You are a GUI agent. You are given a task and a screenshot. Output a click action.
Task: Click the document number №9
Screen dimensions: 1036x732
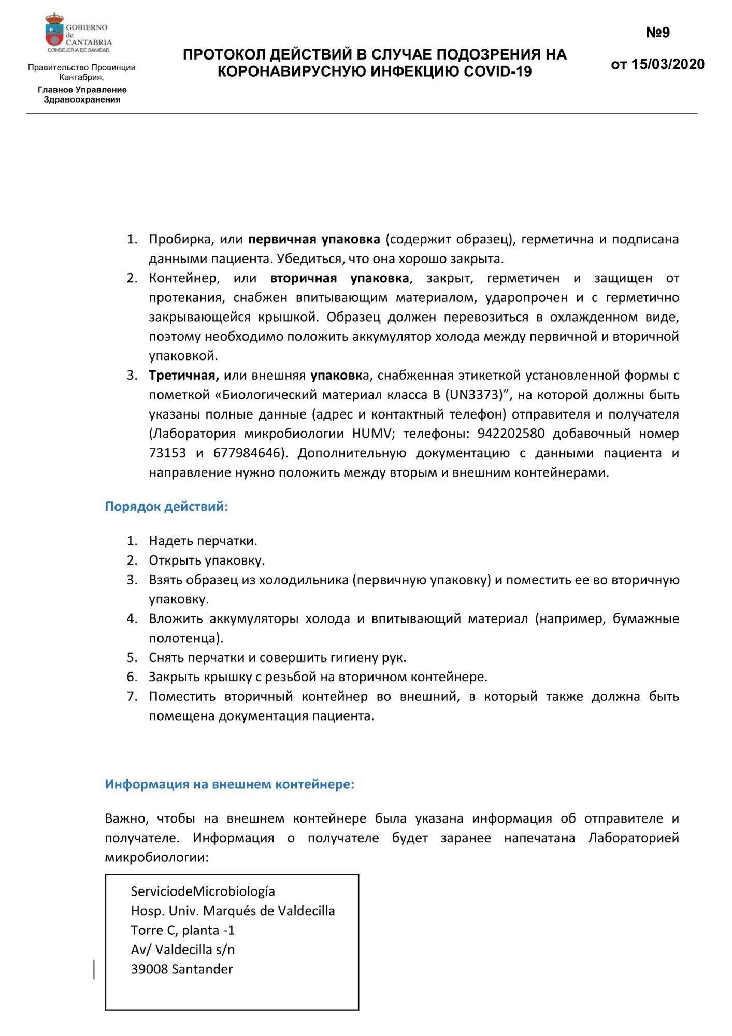(657, 33)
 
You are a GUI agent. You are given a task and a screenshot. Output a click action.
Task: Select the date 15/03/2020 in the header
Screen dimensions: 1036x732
(668, 64)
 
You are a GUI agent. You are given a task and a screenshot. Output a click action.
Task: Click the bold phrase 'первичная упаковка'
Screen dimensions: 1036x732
(314, 239)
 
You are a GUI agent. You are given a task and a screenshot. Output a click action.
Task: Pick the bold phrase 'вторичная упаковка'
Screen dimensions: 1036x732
(339, 278)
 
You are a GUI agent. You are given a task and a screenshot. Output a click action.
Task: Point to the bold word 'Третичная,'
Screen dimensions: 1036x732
(184, 375)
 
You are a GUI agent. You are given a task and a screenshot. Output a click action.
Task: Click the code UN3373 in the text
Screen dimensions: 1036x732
(473, 395)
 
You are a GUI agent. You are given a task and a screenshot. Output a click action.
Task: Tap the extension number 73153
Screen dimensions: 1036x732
(167, 453)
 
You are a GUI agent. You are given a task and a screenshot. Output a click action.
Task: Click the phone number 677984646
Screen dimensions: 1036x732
(247, 453)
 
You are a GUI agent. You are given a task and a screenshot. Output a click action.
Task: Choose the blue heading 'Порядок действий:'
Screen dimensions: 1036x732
(166, 506)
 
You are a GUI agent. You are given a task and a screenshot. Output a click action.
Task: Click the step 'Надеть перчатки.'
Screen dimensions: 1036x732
(203, 541)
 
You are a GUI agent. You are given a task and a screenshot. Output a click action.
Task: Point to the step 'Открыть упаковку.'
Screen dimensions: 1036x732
(207, 560)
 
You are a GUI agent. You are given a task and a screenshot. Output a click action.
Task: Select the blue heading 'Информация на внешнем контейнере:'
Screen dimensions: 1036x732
(229, 784)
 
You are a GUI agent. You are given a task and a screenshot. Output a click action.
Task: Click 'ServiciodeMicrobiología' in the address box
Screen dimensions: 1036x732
(203, 891)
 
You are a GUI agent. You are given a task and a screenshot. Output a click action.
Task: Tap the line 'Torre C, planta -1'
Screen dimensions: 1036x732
(182, 930)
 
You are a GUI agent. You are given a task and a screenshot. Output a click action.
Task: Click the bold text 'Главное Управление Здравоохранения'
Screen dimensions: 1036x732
(82, 94)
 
